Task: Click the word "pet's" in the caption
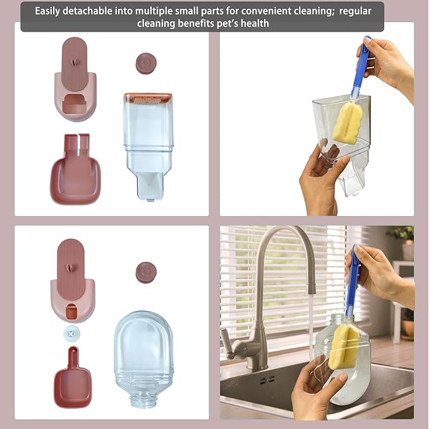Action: (222, 23)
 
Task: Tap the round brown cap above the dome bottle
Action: (146, 272)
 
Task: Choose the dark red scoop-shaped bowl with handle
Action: (73, 380)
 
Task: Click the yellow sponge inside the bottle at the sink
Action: (344, 345)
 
